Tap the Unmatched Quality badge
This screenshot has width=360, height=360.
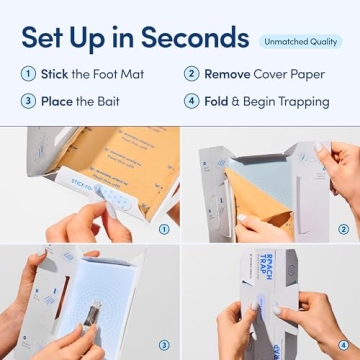tap(301, 41)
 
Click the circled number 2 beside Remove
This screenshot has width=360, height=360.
tap(191, 74)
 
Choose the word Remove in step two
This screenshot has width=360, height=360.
tap(227, 74)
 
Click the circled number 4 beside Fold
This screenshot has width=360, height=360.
tap(191, 101)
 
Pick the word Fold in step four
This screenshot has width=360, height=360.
tap(220, 101)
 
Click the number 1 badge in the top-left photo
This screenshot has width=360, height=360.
tap(163, 228)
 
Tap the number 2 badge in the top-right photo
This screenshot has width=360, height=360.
tap(343, 228)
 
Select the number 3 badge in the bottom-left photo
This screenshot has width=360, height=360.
tap(163, 345)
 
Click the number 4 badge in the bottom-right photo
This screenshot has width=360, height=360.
tap(343, 345)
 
